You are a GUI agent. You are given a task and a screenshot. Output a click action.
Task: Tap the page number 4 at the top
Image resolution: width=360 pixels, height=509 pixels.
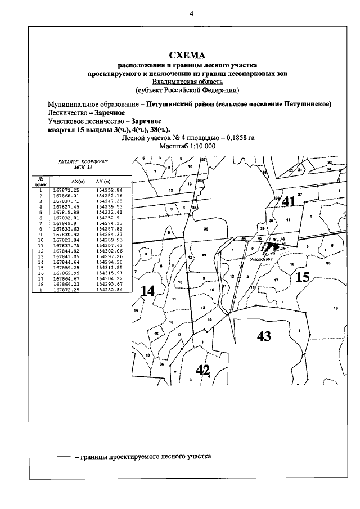(x=191, y=14)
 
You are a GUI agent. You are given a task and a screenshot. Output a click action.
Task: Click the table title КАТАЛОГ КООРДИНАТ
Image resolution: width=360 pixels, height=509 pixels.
(x=83, y=161)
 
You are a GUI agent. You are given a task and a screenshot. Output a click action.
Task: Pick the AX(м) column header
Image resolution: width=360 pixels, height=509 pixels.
(x=78, y=181)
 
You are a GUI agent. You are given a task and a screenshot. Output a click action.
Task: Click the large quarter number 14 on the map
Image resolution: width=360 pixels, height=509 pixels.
(x=147, y=291)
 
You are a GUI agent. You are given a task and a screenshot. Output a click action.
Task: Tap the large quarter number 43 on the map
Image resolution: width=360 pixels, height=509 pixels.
(x=264, y=336)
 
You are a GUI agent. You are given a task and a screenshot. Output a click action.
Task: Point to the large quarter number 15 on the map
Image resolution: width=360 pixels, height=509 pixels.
(x=303, y=277)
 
